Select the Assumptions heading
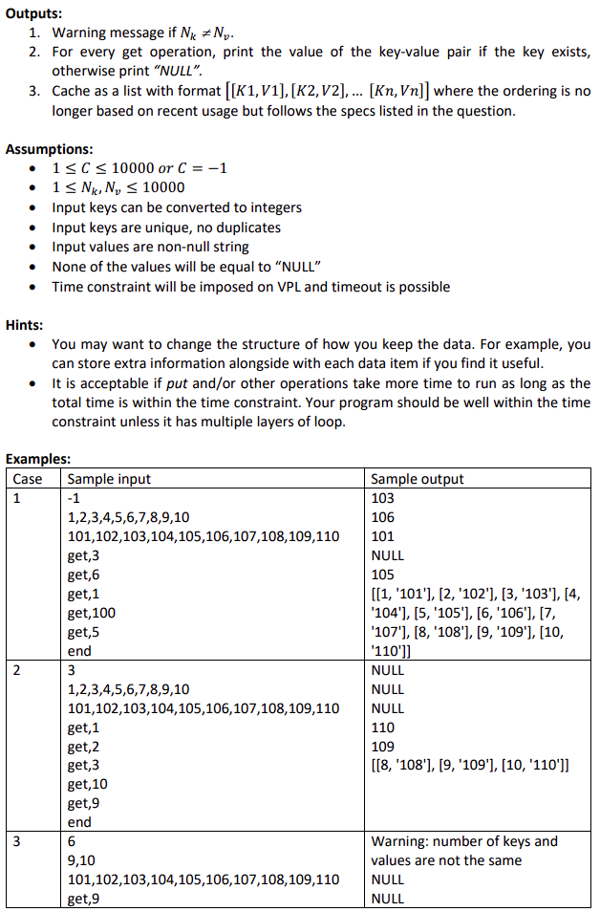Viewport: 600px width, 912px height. (x=50, y=149)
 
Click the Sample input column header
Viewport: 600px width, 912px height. (x=110, y=479)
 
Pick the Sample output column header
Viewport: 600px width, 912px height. (x=417, y=479)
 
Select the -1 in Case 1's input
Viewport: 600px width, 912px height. (x=75, y=498)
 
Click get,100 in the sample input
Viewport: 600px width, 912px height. (x=92, y=613)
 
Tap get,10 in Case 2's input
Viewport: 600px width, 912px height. (x=88, y=784)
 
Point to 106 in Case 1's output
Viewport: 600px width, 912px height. (x=382, y=517)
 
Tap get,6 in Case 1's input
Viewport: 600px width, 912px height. (x=84, y=575)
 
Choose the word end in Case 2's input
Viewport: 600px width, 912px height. (x=79, y=822)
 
